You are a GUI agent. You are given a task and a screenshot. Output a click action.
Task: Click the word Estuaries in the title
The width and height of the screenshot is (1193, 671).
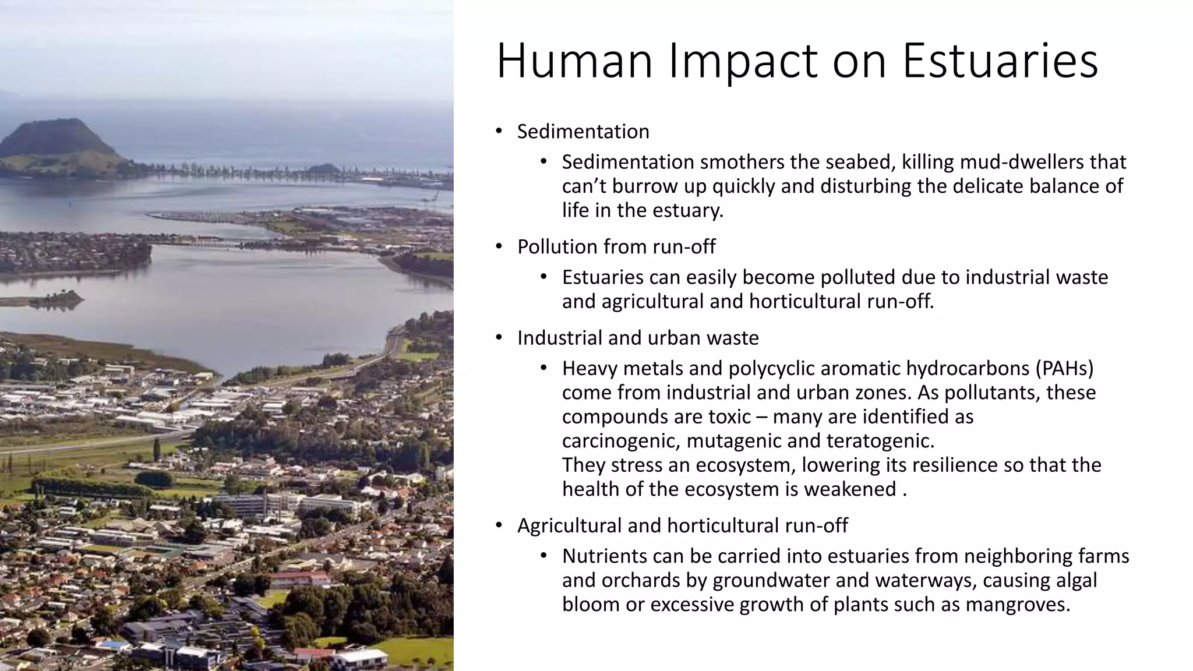(x=1000, y=61)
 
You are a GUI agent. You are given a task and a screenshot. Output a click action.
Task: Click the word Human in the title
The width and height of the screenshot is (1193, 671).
(x=574, y=61)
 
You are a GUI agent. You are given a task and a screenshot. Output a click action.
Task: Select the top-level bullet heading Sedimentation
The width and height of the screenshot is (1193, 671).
(x=583, y=132)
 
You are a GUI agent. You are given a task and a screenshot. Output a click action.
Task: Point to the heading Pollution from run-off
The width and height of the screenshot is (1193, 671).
(x=616, y=247)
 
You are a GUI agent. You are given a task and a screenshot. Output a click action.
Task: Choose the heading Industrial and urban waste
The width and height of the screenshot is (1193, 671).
(x=638, y=338)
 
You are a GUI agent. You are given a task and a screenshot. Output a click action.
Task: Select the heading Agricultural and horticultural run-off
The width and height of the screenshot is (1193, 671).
(x=682, y=526)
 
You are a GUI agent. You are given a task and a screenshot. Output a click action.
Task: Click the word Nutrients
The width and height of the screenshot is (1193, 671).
(x=604, y=556)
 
